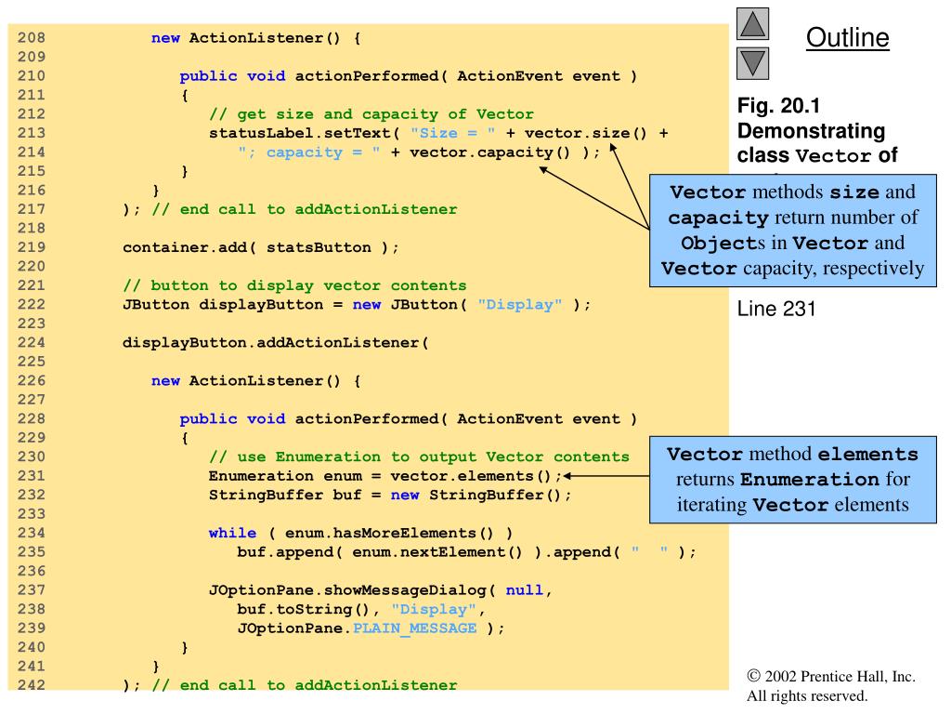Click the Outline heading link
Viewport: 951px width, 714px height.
coord(847,38)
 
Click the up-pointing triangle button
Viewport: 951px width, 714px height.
coord(751,24)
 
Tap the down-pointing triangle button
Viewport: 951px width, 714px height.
coord(751,64)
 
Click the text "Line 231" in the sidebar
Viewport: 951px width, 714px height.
coord(776,309)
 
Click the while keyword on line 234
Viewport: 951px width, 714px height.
coord(232,532)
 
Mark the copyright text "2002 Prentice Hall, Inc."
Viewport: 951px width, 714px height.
coord(838,678)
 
